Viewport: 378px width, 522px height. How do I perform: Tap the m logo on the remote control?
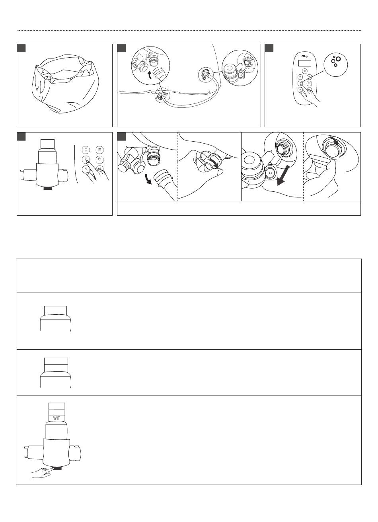point(304,56)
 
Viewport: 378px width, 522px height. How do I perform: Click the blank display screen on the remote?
point(304,63)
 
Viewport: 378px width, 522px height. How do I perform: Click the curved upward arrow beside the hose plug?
point(150,76)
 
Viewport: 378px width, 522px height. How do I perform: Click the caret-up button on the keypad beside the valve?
point(86,169)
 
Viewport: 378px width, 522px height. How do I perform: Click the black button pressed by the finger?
point(56,468)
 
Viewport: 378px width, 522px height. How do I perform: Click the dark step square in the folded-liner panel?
point(21,48)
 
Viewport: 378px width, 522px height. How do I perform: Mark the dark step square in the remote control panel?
point(269,48)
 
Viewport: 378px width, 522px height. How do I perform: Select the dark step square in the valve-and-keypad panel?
point(21,136)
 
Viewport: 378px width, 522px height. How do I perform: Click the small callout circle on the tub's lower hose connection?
point(161,96)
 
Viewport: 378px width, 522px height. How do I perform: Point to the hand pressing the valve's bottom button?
point(41,472)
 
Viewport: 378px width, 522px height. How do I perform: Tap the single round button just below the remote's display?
point(304,71)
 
